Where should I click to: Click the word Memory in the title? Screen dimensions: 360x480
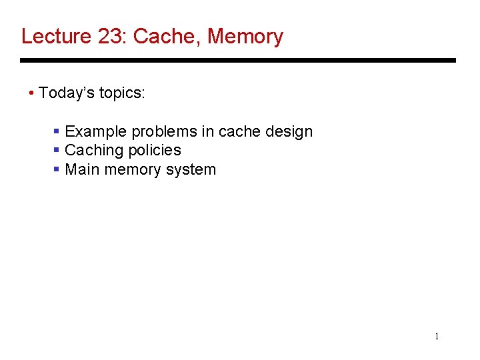245,36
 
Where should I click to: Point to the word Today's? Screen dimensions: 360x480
67,93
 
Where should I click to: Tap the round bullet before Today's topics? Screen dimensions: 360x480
32,93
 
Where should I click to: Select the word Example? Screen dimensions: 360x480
94,131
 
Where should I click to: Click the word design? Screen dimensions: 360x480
289,131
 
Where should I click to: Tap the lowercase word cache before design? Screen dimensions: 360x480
239,131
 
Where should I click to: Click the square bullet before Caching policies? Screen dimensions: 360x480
57,151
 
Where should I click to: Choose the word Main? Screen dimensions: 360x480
80,169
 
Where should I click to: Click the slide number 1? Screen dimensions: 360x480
437,337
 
